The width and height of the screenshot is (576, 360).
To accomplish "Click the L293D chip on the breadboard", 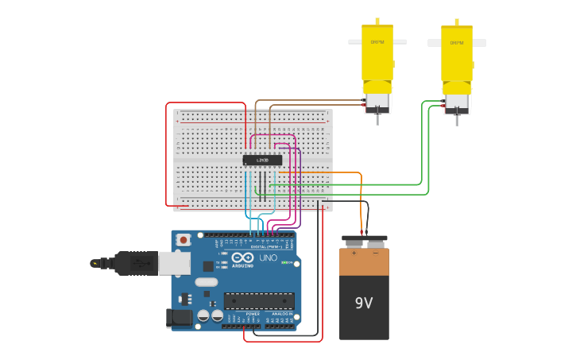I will [x=262, y=161].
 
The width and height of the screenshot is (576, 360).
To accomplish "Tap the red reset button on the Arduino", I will [x=184, y=239].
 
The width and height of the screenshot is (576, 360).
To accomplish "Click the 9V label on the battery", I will [x=364, y=303].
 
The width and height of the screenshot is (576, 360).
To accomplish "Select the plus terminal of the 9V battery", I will [x=354, y=253].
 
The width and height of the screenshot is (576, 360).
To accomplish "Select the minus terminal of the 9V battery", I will [x=375, y=253].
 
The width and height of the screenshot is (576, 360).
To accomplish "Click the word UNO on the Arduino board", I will [x=268, y=258].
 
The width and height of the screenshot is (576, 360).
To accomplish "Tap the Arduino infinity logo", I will [x=238, y=257].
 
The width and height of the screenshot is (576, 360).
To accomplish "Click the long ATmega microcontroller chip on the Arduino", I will [x=258, y=300].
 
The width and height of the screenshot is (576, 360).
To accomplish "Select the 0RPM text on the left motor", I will [x=377, y=42].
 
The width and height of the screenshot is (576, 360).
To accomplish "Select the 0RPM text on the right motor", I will [x=457, y=43].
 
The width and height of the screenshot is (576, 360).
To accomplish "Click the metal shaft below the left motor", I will [x=377, y=119].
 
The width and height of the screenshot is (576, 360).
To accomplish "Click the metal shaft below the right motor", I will [x=457, y=120].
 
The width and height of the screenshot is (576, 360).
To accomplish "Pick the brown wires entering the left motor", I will [x=318, y=103].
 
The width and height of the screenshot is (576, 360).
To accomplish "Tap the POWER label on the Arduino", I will [x=253, y=314].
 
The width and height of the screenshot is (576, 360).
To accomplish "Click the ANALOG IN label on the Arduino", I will [x=282, y=314].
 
